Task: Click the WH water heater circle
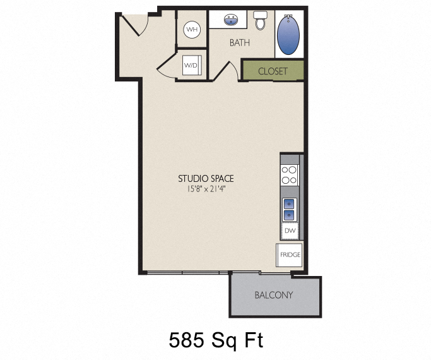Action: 191,30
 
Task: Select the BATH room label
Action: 239,43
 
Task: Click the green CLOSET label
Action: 273,71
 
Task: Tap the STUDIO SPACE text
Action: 206,179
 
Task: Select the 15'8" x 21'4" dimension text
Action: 206,188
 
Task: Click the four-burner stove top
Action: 290,175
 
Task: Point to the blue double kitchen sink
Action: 289,209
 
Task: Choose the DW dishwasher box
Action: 290,231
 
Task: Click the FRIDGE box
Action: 289,255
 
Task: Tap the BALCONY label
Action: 274,295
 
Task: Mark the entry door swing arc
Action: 134,24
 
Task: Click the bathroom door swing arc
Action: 232,69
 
